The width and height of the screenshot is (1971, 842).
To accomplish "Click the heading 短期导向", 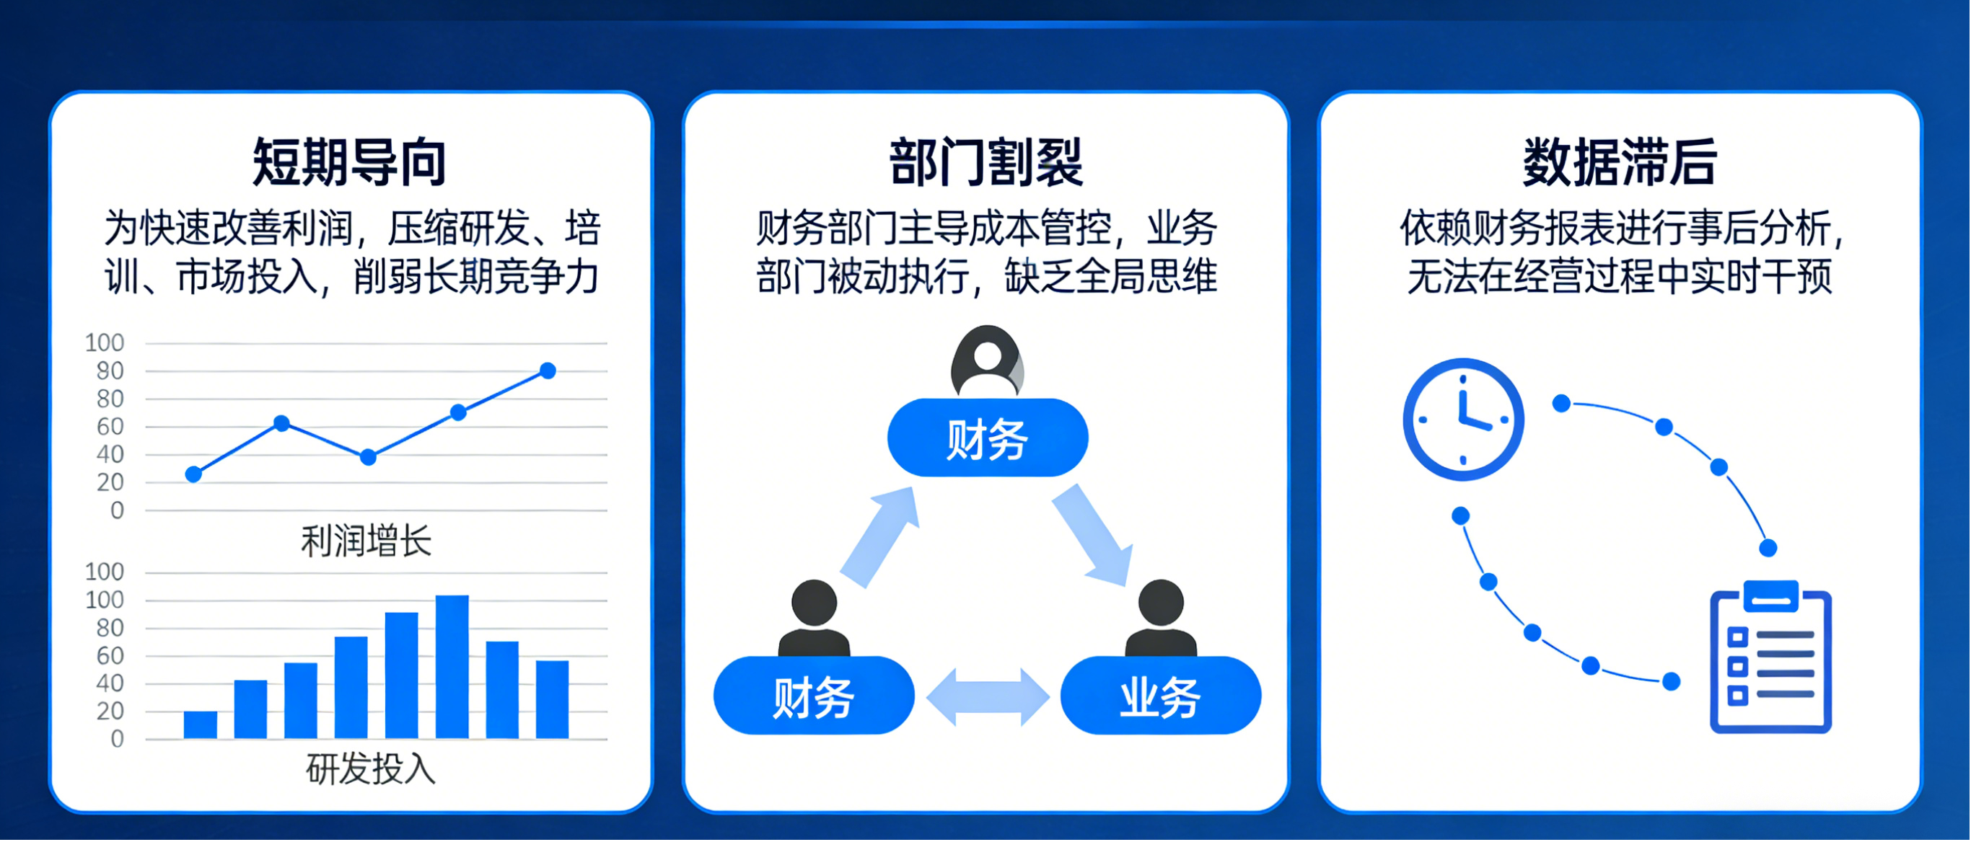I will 350,162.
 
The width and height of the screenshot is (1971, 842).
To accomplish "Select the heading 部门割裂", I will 985,162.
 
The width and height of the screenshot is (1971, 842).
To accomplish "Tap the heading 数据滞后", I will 1620,162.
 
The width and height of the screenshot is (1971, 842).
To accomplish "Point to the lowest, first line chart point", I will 193,474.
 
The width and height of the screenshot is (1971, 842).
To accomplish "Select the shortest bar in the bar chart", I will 201,724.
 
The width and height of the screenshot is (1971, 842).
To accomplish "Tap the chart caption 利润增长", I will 366,541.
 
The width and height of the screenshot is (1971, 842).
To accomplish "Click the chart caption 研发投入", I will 370,768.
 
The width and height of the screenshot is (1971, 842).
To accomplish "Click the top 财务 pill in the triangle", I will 987,438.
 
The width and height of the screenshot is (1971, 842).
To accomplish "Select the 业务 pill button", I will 1160,696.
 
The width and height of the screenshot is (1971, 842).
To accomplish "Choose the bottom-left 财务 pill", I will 813,696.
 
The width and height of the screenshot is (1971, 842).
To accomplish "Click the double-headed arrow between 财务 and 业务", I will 987,696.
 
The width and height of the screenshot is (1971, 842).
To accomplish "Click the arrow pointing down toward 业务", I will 1092,536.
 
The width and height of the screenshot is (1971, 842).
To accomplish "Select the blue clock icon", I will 1463,419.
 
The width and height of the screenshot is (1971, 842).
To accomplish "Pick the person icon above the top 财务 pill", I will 987,361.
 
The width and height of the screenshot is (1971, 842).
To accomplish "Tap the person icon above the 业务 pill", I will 1161,618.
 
